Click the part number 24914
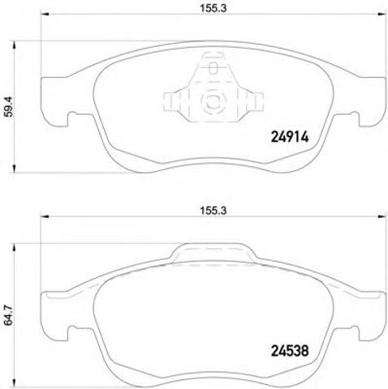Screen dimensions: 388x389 coord(290,137)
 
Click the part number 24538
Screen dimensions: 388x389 coord(290,351)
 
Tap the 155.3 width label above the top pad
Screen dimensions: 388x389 coord(213,8)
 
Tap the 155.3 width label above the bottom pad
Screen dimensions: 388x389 coord(213,211)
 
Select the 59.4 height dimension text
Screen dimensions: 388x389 coord(9,107)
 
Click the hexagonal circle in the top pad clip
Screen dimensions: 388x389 coord(213,100)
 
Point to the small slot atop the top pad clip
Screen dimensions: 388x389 coord(213,68)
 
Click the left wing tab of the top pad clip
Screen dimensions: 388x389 coord(172,101)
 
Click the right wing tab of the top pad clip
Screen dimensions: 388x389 coord(254,101)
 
